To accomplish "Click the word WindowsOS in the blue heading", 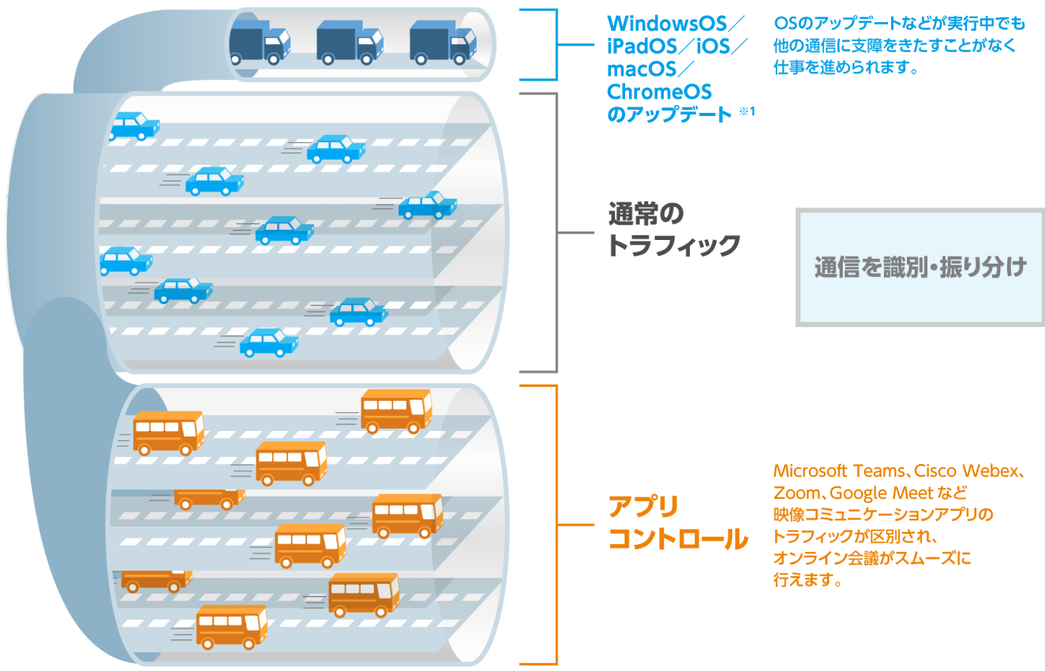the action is (667, 24).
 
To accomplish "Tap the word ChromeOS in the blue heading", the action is (659, 92).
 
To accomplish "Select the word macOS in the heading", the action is (642, 69).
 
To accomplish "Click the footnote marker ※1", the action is (747, 111).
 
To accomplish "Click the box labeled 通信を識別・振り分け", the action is (920, 268).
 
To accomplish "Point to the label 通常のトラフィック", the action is (674, 230).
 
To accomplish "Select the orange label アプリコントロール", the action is (678, 523).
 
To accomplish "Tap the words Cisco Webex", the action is (966, 471).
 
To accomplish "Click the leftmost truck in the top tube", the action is (260, 43).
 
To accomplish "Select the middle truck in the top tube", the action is (350, 43).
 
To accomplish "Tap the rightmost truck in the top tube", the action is (444, 43).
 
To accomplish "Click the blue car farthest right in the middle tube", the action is (427, 205).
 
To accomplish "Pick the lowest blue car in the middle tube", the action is (268, 343).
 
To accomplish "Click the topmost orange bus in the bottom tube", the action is (396, 411).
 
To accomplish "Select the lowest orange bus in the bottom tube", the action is (232, 627).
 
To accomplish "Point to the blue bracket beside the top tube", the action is (556, 45).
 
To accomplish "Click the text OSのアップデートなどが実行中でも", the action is (899, 23).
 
